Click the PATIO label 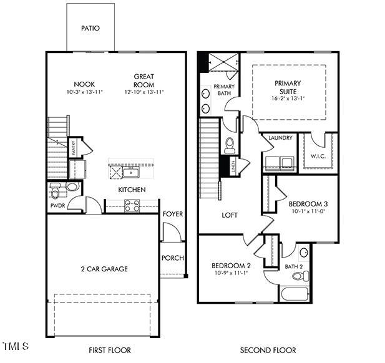coord(90,28)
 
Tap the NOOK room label coord(84,84)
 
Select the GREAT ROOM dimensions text coord(144,92)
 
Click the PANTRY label coord(73,148)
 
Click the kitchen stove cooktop coord(132,205)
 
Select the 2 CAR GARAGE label coord(104,269)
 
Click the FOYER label coord(173,214)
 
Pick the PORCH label coord(173,258)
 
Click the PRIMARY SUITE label coord(288,87)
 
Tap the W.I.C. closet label coord(318,157)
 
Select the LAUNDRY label coord(280,138)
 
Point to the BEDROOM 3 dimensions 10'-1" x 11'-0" coord(308,211)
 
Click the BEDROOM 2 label coord(231,265)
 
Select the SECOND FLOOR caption coord(268,350)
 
